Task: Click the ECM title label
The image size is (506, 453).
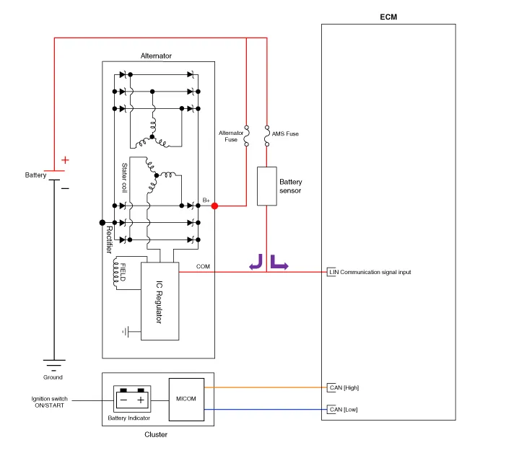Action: coord(388,16)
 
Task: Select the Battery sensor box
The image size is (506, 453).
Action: coord(267,186)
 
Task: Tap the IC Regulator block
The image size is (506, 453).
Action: coord(160,301)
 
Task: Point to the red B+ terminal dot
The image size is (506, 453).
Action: coord(214,206)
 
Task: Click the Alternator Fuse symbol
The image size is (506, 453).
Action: coord(247,136)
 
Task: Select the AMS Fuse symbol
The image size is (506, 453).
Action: coord(267,136)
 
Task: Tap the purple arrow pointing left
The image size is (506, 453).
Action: coord(256,262)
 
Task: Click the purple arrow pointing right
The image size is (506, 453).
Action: coord(279,262)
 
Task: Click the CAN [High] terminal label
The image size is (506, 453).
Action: coord(344,387)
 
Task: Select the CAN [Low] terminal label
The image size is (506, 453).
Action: coord(344,410)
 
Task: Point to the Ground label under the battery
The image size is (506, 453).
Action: coord(53,377)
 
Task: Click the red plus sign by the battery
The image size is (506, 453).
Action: coord(65,160)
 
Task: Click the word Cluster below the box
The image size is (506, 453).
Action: coord(157,434)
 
